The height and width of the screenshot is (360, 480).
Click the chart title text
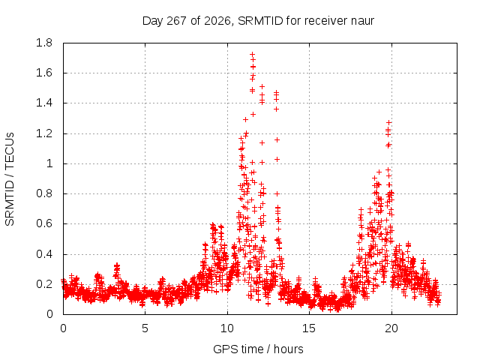(258, 21)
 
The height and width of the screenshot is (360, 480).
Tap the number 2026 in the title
(217, 21)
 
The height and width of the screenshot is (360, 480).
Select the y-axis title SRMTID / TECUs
(10, 179)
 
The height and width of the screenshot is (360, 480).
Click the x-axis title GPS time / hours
(258, 349)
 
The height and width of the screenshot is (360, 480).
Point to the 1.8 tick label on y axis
(44, 43)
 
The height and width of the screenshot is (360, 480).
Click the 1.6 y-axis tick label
(44, 73)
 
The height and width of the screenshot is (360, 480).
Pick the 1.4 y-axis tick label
(44, 103)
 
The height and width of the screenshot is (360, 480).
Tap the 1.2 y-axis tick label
(44, 133)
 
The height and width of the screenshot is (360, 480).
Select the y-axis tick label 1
(49, 163)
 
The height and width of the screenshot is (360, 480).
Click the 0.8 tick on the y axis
(44, 193)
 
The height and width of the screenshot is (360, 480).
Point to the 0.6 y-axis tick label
(44, 223)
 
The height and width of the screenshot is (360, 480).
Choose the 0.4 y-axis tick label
(44, 254)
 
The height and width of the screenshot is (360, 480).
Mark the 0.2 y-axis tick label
(44, 284)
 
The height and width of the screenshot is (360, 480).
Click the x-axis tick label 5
(145, 328)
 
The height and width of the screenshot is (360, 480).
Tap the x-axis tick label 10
(227, 328)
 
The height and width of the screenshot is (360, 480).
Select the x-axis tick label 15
(309, 328)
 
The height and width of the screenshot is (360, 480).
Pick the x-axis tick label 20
(391, 328)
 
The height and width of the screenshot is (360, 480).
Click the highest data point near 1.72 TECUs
(253, 55)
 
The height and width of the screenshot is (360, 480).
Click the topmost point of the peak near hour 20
(389, 122)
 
